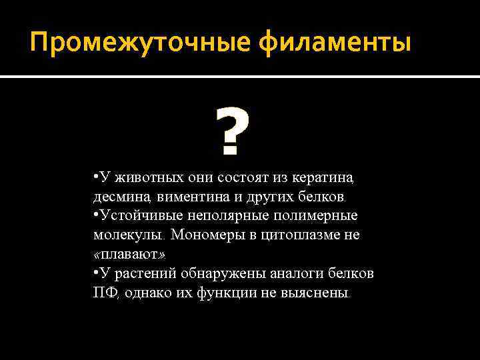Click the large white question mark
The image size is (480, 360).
tap(233, 133)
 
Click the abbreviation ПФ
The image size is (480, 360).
tap(105, 293)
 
